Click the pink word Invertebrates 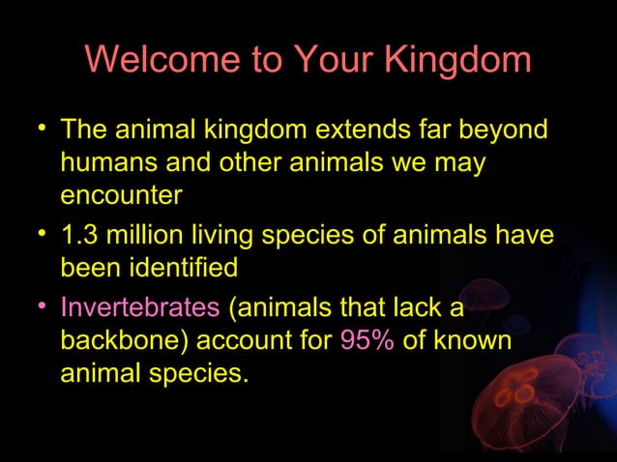click(x=140, y=308)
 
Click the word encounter click(x=121, y=195)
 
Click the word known click(x=472, y=341)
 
